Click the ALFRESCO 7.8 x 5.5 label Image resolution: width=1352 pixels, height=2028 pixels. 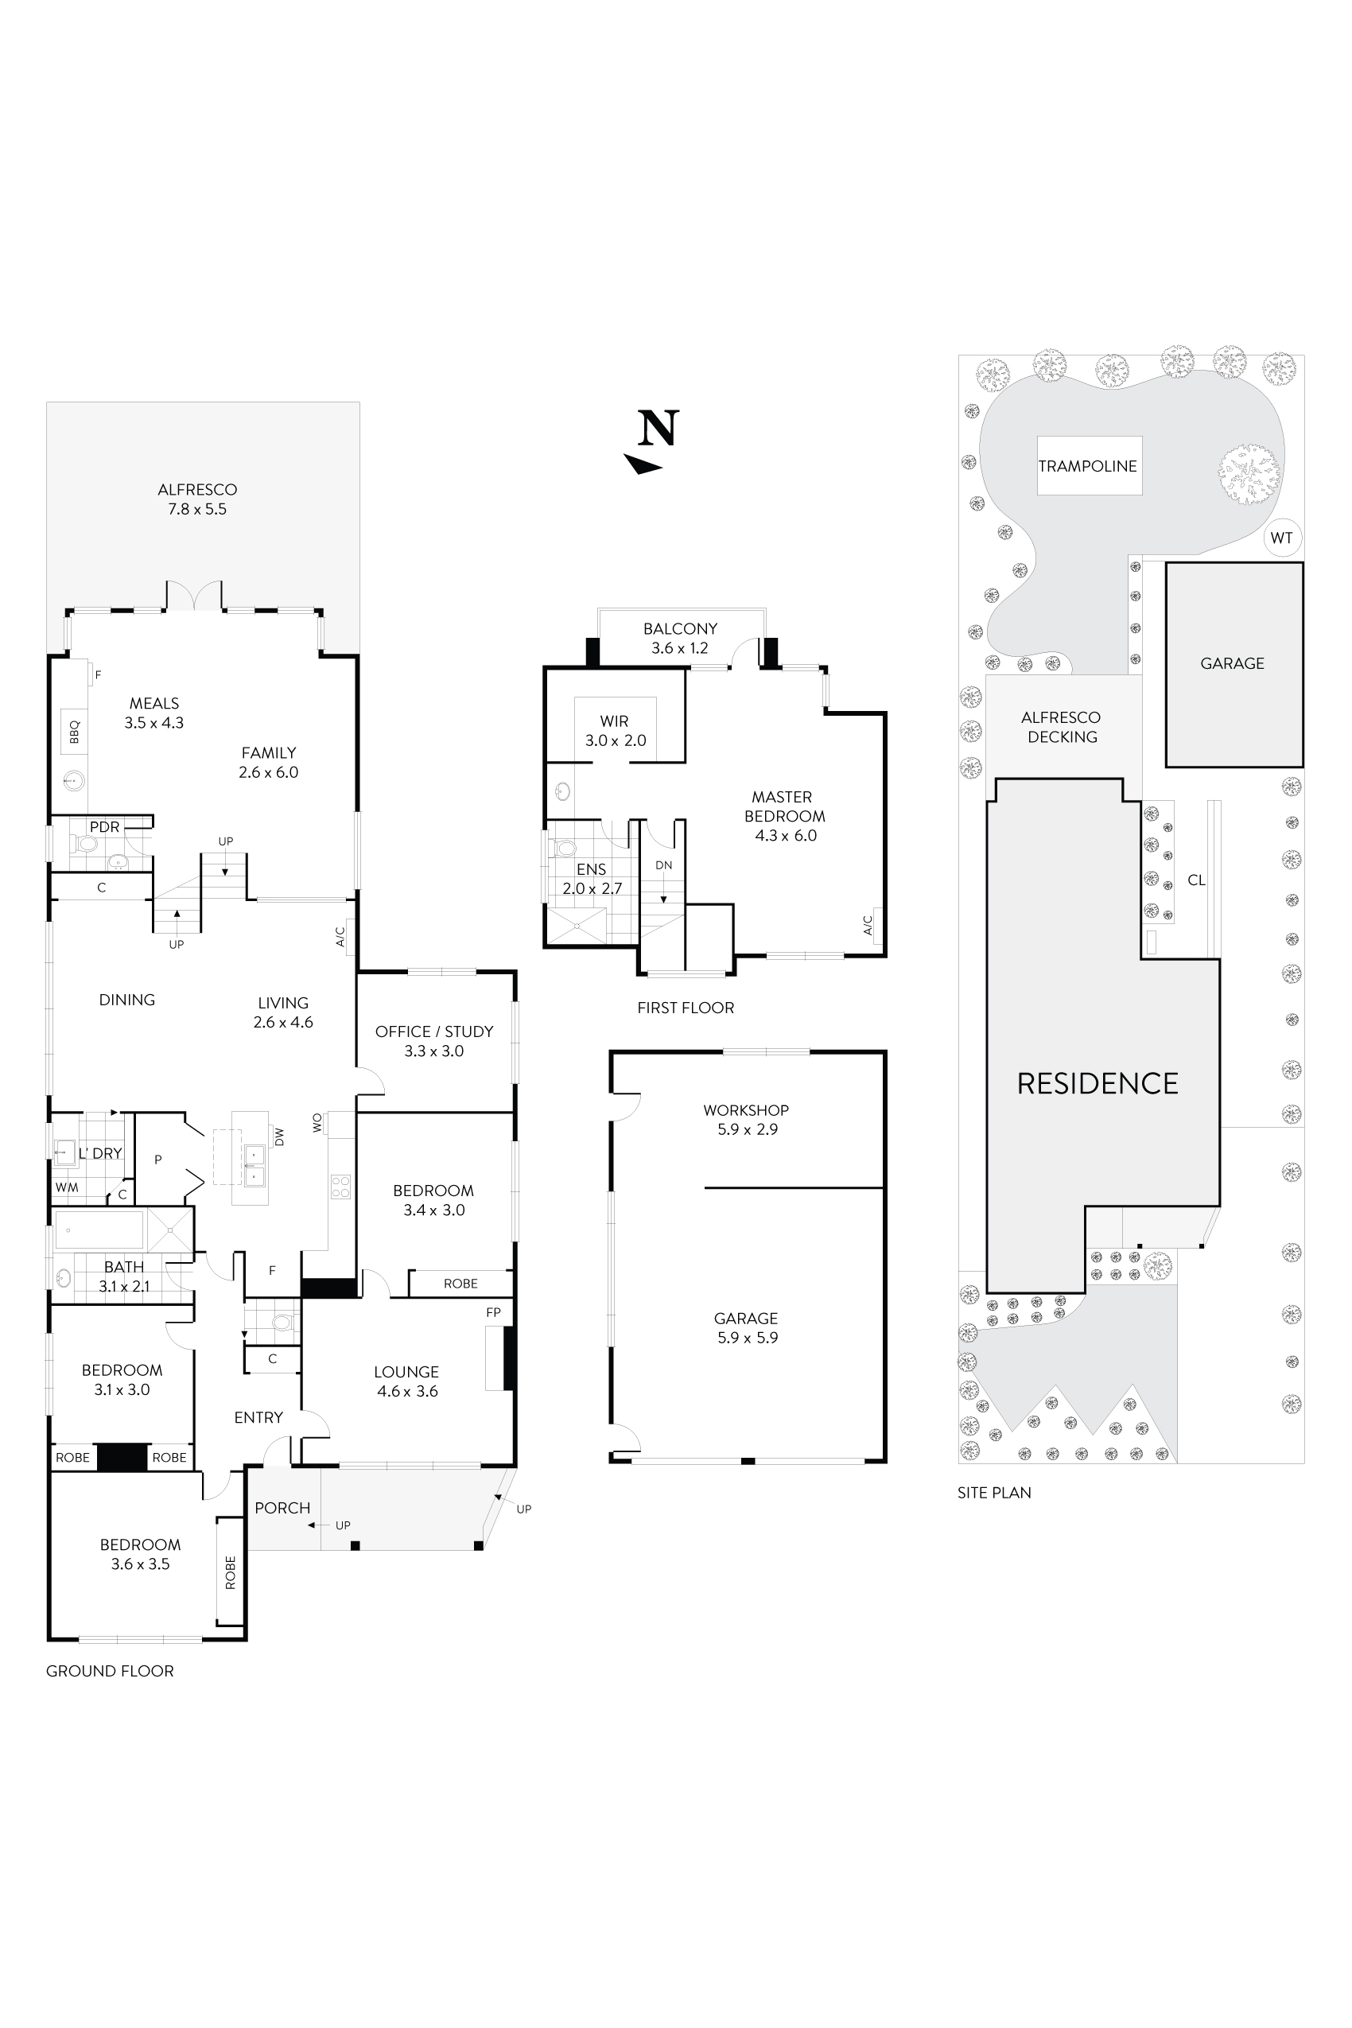coord(196,499)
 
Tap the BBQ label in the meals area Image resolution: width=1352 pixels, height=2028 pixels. coord(74,731)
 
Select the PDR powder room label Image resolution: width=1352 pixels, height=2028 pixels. coord(104,827)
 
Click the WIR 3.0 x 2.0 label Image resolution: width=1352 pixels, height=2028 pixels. coord(615,730)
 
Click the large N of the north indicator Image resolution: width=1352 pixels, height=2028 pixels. coord(659,429)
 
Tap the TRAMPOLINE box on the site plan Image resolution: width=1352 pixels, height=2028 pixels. coord(1088,465)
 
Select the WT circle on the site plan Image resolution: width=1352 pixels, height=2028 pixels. coord(1281,538)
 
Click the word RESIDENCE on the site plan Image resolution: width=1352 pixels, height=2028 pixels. coord(1097,1084)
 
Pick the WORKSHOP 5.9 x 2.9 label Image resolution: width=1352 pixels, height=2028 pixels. coord(746,1119)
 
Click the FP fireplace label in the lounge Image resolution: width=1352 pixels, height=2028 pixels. coord(493,1312)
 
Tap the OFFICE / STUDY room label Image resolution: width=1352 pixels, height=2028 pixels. coord(433,1041)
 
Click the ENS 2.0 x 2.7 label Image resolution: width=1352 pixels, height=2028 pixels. coord(592,879)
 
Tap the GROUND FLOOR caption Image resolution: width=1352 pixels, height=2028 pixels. coord(110,1671)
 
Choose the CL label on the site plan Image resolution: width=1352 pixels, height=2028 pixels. coord(1196,880)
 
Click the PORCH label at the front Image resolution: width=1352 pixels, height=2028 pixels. coord(282,1508)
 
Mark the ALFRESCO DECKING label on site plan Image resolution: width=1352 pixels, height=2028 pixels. coord(1062,727)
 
